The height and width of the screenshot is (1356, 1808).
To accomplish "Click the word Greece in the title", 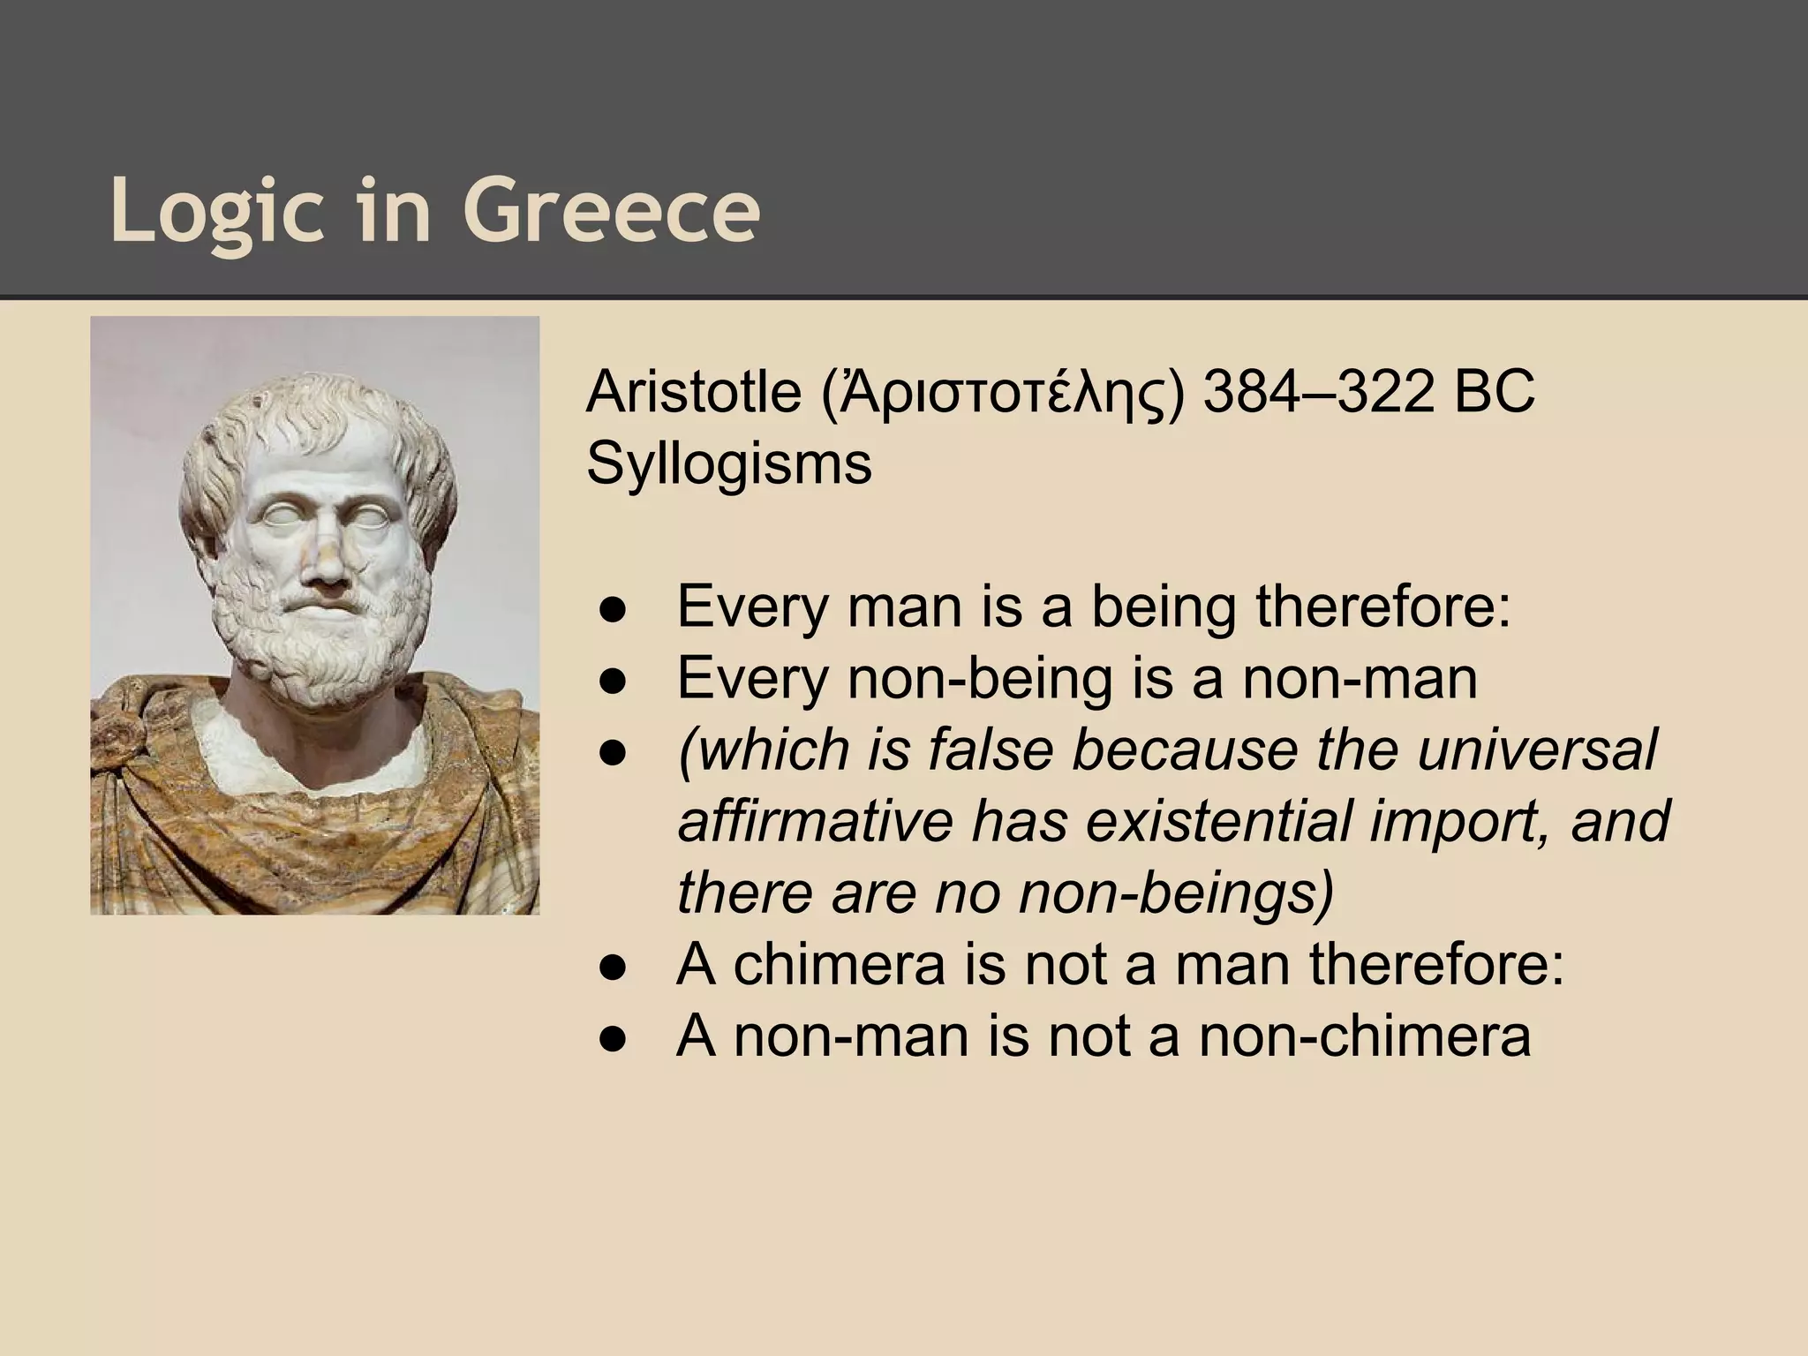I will [x=611, y=212].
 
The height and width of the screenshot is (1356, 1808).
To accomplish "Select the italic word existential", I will [x=1217, y=821].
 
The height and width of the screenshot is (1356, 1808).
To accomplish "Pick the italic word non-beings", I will [x=1175, y=893].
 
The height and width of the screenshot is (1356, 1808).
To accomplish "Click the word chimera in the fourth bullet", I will [x=840, y=964].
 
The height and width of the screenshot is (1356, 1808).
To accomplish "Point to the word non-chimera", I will [x=1364, y=1036].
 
